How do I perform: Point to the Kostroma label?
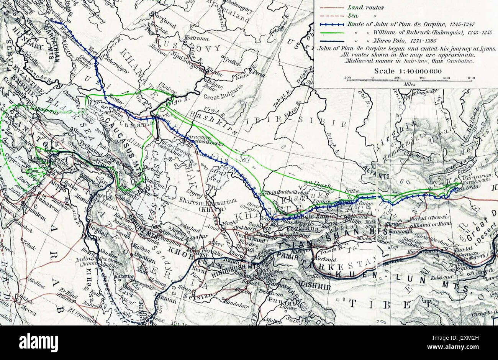(x=197, y=39)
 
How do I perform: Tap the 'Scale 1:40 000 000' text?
(x=408, y=71)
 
